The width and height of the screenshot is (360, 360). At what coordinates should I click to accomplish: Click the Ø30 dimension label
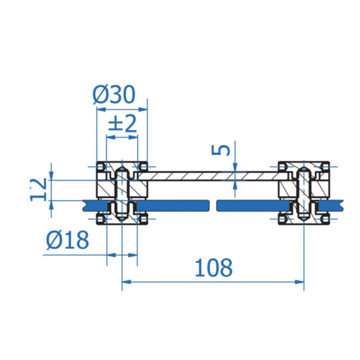114,95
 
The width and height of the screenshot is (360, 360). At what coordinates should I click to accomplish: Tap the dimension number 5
221,151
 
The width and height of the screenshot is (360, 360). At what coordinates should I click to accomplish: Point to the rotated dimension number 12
38,190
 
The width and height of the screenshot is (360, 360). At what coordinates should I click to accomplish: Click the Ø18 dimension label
67,240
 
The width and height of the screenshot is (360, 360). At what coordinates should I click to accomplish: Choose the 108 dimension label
214,268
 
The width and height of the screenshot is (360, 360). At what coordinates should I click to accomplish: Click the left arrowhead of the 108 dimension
127,282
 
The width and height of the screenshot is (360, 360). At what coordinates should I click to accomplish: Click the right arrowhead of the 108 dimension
299,282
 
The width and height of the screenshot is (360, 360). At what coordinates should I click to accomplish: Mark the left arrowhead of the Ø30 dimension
101,109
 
